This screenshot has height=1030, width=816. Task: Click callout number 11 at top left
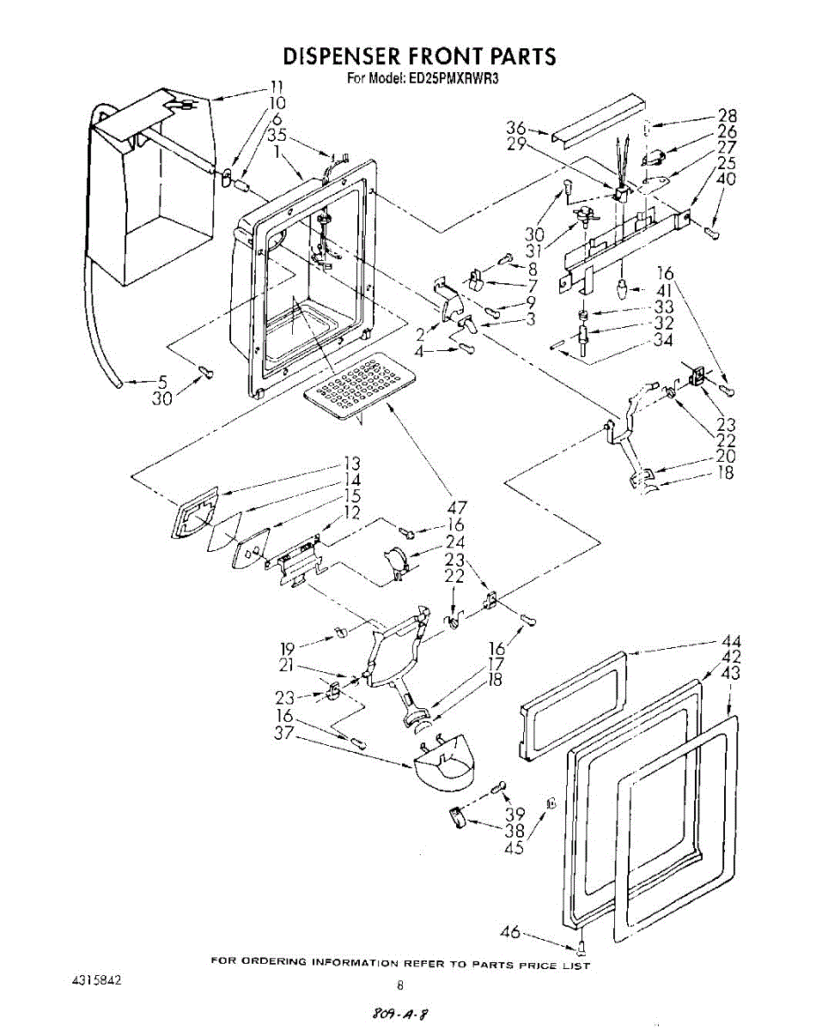pyautogui.click(x=276, y=86)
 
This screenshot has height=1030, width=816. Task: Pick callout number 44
pyautogui.click(x=732, y=641)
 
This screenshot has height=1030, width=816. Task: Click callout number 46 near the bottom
pyautogui.click(x=511, y=933)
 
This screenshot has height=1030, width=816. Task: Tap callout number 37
pyautogui.click(x=283, y=732)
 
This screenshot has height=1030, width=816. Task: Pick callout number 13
pyautogui.click(x=351, y=464)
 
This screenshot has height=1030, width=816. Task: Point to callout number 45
pyautogui.click(x=514, y=847)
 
